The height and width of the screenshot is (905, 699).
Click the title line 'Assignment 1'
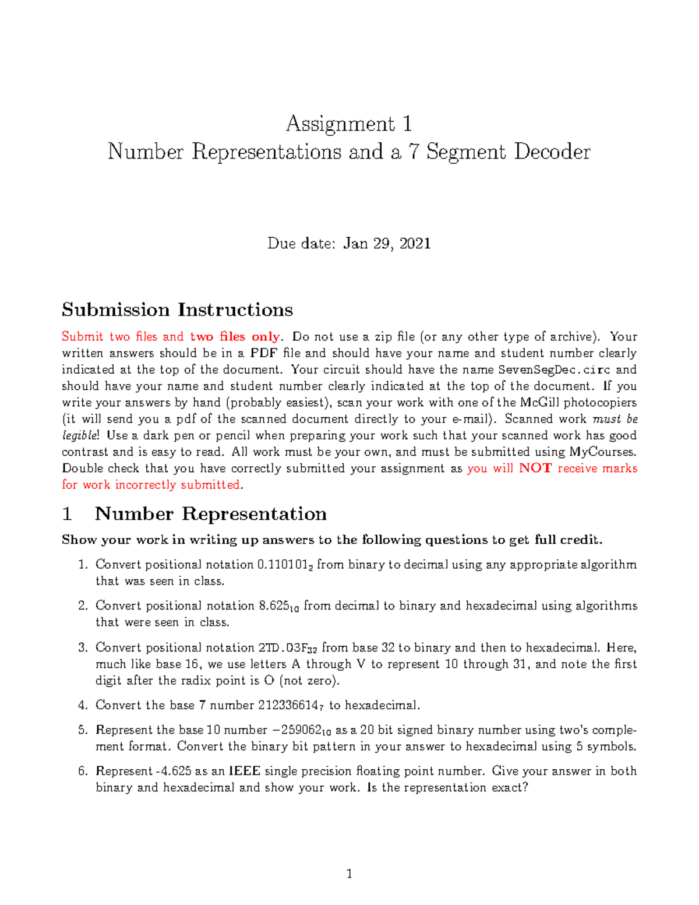[349, 124]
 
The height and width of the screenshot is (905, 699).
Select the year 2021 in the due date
[415, 243]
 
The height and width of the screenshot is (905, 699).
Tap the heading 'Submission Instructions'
[177, 309]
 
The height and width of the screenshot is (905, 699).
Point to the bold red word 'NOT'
[535, 469]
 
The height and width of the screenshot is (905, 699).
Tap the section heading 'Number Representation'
[210, 514]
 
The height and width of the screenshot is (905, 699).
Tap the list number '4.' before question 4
[83, 706]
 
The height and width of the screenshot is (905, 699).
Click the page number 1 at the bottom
[349, 874]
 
